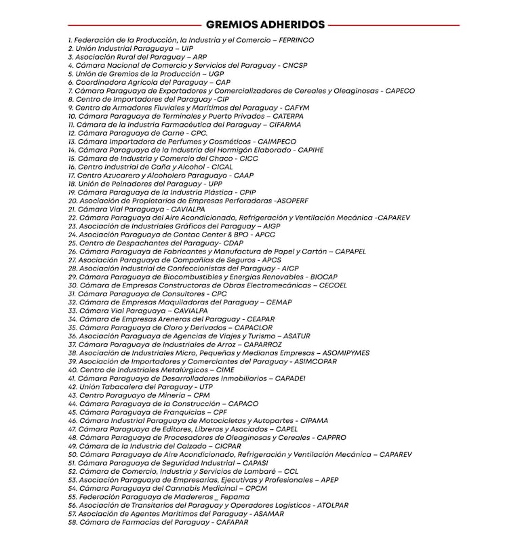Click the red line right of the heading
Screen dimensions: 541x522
(x=394, y=24)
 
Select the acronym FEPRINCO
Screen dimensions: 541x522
(x=292, y=40)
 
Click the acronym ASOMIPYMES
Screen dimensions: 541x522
(x=346, y=353)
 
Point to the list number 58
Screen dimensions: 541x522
(x=73, y=522)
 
